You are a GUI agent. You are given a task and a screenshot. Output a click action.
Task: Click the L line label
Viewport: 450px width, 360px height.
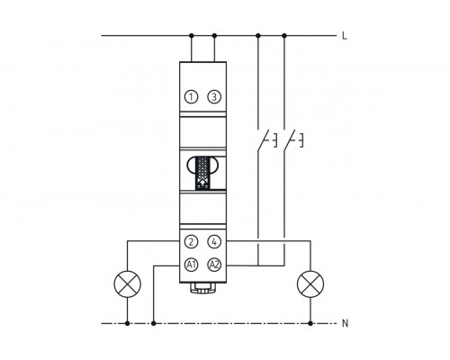point(345,36)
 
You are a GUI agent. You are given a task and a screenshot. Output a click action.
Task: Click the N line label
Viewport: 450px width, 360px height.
point(346,323)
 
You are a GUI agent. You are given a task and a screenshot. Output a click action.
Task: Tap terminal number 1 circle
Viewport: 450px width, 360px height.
point(191,97)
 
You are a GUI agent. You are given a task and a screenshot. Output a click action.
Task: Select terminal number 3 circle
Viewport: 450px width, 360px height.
point(214,97)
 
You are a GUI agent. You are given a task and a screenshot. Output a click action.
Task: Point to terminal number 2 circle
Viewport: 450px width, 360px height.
point(191,242)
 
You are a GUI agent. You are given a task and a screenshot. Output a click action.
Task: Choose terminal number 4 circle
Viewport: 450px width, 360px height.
point(214,242)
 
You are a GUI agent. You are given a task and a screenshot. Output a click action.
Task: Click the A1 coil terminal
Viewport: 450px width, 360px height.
point(191,265)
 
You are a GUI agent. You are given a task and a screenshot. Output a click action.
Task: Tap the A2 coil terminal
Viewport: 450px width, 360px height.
point(214,265)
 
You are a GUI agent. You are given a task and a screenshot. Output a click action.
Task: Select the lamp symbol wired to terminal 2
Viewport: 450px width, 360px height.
point(128,283)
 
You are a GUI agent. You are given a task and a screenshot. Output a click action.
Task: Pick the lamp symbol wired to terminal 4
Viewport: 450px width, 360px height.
point(310,283)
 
